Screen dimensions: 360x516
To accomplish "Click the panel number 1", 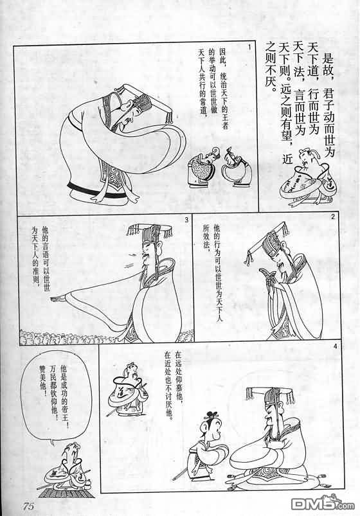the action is click(x=249, y=48).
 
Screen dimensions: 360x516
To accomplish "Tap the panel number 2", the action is click(x=333, y=216).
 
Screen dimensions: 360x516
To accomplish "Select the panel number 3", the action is click(x=187, y=220).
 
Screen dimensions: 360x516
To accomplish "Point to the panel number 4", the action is click(x=336, y=346).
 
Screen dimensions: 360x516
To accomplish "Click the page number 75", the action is click(x=29, y=506).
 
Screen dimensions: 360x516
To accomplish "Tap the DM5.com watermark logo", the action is click(x=323, y=503).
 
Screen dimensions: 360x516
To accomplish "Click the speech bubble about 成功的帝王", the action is click(x=57, y=398).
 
